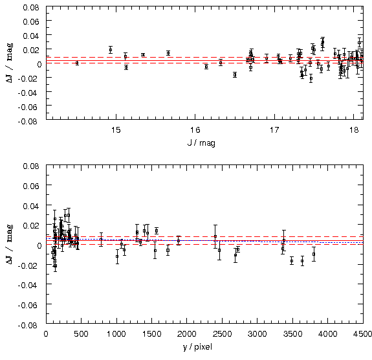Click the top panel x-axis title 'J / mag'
coord(201,143)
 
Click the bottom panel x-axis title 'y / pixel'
coord(197,347)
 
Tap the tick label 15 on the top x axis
coord(116,130)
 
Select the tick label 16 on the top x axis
coord(195,130)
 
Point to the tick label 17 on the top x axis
coord(274,130)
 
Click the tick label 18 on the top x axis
coord(354,130)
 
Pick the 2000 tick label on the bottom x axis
coord(187,334)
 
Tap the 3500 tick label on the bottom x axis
coord(292,334)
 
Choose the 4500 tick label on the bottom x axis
coord(362,334)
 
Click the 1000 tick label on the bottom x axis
coord(116,334)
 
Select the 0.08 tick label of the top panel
coord(31,8)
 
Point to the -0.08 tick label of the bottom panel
coord(28,325)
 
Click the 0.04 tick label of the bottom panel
coord(31,206)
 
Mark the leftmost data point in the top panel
coord(77,63)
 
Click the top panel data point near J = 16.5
coord(235,75)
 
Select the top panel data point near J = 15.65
coord(168,53)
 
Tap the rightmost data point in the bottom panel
coord(314,254)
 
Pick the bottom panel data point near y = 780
coord(101,240)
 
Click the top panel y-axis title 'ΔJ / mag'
coord(10,63)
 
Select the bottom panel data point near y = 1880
coord(179,241)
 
